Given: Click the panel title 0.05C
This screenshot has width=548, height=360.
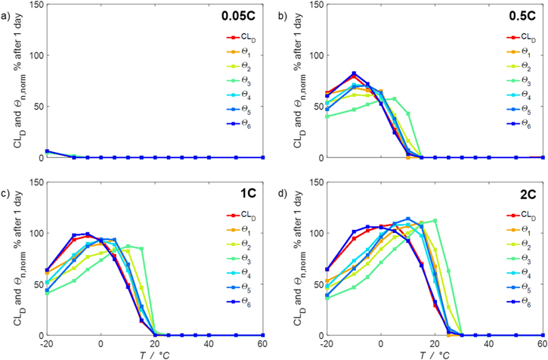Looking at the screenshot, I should (242, 15).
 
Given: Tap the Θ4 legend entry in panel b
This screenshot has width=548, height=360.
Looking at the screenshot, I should (522, 98).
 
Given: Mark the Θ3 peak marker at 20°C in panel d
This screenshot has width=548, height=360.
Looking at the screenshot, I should (435, 221).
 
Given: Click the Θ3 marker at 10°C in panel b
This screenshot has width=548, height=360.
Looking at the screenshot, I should (407, 113).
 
